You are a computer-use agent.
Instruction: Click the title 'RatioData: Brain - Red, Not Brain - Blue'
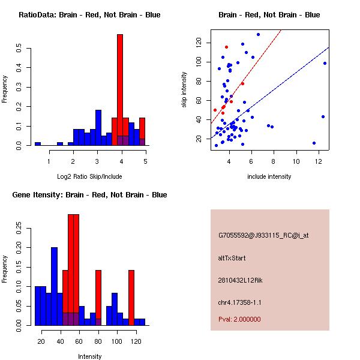click(89, 15)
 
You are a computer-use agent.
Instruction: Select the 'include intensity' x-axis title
click(269, 177)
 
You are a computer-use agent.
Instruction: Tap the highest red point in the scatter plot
click(226, 47)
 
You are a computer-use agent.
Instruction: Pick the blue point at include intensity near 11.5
click(314, 143)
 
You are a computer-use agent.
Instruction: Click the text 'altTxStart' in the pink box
click(232, 258)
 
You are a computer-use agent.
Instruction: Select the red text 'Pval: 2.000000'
click(239, 319)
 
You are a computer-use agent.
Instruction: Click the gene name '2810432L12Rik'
click(239, 280)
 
